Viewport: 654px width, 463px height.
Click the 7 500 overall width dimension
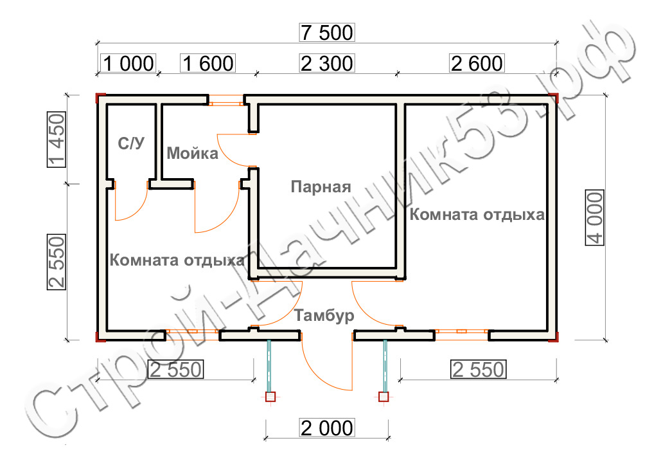pyautogui.click(x=327, y=33)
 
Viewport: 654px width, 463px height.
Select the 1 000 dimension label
pyautogui.click(x=128, y=64)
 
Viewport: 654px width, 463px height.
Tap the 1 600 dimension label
pyautogui.click(x=208, y=64)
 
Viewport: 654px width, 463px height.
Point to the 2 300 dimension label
pyautogui.click(x=327, y=64)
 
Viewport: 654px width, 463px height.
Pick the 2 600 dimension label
pyautogui.click(x=477, y=64)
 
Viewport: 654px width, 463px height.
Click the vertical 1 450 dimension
pyautogui.click(x=57, y=140)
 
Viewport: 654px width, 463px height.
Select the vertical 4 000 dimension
pyautogui.click(x=595, y=217)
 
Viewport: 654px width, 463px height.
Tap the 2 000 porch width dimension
pyautogui.click(x=327, y=428)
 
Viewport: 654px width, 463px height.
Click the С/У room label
pyautogui.click(x=131, y=143)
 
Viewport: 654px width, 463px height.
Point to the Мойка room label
pyautogui.click(x=192, y=153)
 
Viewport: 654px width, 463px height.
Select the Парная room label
pyautogui.click(x=321, y=186)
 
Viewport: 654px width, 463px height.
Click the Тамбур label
pyautogui.click(x=324, y=315)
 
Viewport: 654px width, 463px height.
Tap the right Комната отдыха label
pyautogui.click(x=477, y=214)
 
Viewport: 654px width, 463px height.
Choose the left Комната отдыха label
pyautogui.click(x=177, y=260)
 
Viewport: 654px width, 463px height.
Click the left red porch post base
pyautogui.click(x=270, y=397)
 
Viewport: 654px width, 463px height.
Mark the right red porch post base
pyautogui.click(x=384, y=397)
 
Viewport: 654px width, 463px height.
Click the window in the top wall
pyautogui.click(x=226, y=100)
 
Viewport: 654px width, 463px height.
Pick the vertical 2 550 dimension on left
pyautogui.click(x=57, y=262)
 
